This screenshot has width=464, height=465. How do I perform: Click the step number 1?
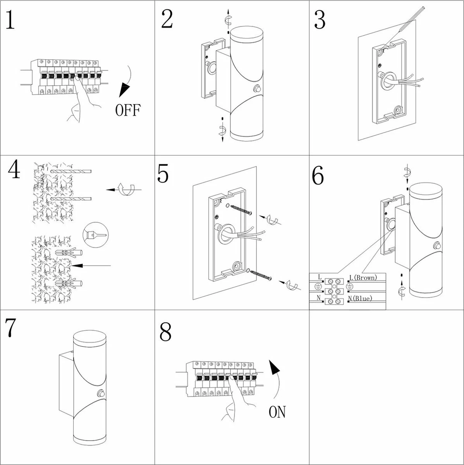[x=10, y=20]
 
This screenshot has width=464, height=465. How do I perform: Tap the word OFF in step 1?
[x=128, y=110]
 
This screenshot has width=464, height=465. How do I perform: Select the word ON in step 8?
[x=277, y=412]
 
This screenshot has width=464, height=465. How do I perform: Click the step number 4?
[x=14, y=170]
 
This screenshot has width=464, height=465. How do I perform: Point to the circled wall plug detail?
[x=95, y=235]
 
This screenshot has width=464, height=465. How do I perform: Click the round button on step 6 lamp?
[x=438, y=246]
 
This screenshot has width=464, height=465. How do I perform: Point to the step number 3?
[x=320, y=20]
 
